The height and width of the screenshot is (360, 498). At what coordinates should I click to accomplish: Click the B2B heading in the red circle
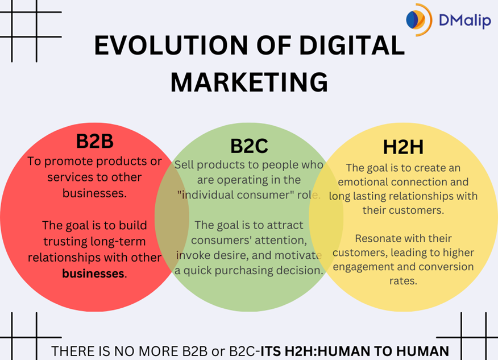(x=95, y=142)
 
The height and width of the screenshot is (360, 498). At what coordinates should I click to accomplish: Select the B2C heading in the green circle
(x=249, y=146)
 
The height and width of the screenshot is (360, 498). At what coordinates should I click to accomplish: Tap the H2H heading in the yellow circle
(x=403, y=147)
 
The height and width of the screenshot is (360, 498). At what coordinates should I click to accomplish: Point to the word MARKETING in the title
(x=249, y=82)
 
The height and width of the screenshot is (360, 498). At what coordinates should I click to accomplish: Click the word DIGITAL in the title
(x=343, y=45)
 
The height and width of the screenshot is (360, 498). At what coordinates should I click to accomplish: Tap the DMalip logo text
(x=464, y=21)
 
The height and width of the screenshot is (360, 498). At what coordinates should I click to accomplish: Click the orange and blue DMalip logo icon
(x=419, y=19)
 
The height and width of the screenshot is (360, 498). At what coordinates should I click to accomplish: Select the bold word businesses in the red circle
(x=93, y=273)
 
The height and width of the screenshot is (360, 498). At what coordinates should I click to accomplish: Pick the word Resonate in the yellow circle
(x=370, y=238)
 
